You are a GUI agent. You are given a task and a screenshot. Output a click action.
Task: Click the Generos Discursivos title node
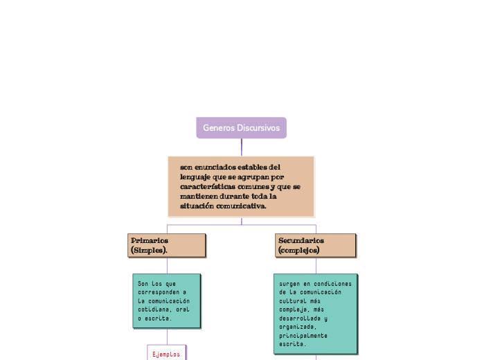pos(241,128)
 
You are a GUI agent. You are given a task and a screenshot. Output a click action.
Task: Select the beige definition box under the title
pos(241,186)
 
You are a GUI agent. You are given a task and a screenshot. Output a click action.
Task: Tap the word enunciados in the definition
pos(217,167)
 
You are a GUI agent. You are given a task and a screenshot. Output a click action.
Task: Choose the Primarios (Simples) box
pos(167,245)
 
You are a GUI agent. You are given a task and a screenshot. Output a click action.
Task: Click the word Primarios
pos(150,240)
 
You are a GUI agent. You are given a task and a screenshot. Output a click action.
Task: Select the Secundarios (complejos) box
pos(316,245)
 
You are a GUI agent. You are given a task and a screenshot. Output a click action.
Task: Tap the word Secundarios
pos(301,240)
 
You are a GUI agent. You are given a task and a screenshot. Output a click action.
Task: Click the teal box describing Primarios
pos(166,300)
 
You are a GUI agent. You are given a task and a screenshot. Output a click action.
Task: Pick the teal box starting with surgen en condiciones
pos(316,314)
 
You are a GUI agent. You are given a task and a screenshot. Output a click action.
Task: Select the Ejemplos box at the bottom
pos(166,353)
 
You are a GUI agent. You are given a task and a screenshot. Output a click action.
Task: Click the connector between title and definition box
pos(242,147)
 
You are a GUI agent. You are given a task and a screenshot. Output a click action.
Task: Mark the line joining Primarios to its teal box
pos(167,265)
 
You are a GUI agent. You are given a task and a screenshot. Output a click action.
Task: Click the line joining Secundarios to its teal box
pos(316,265)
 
